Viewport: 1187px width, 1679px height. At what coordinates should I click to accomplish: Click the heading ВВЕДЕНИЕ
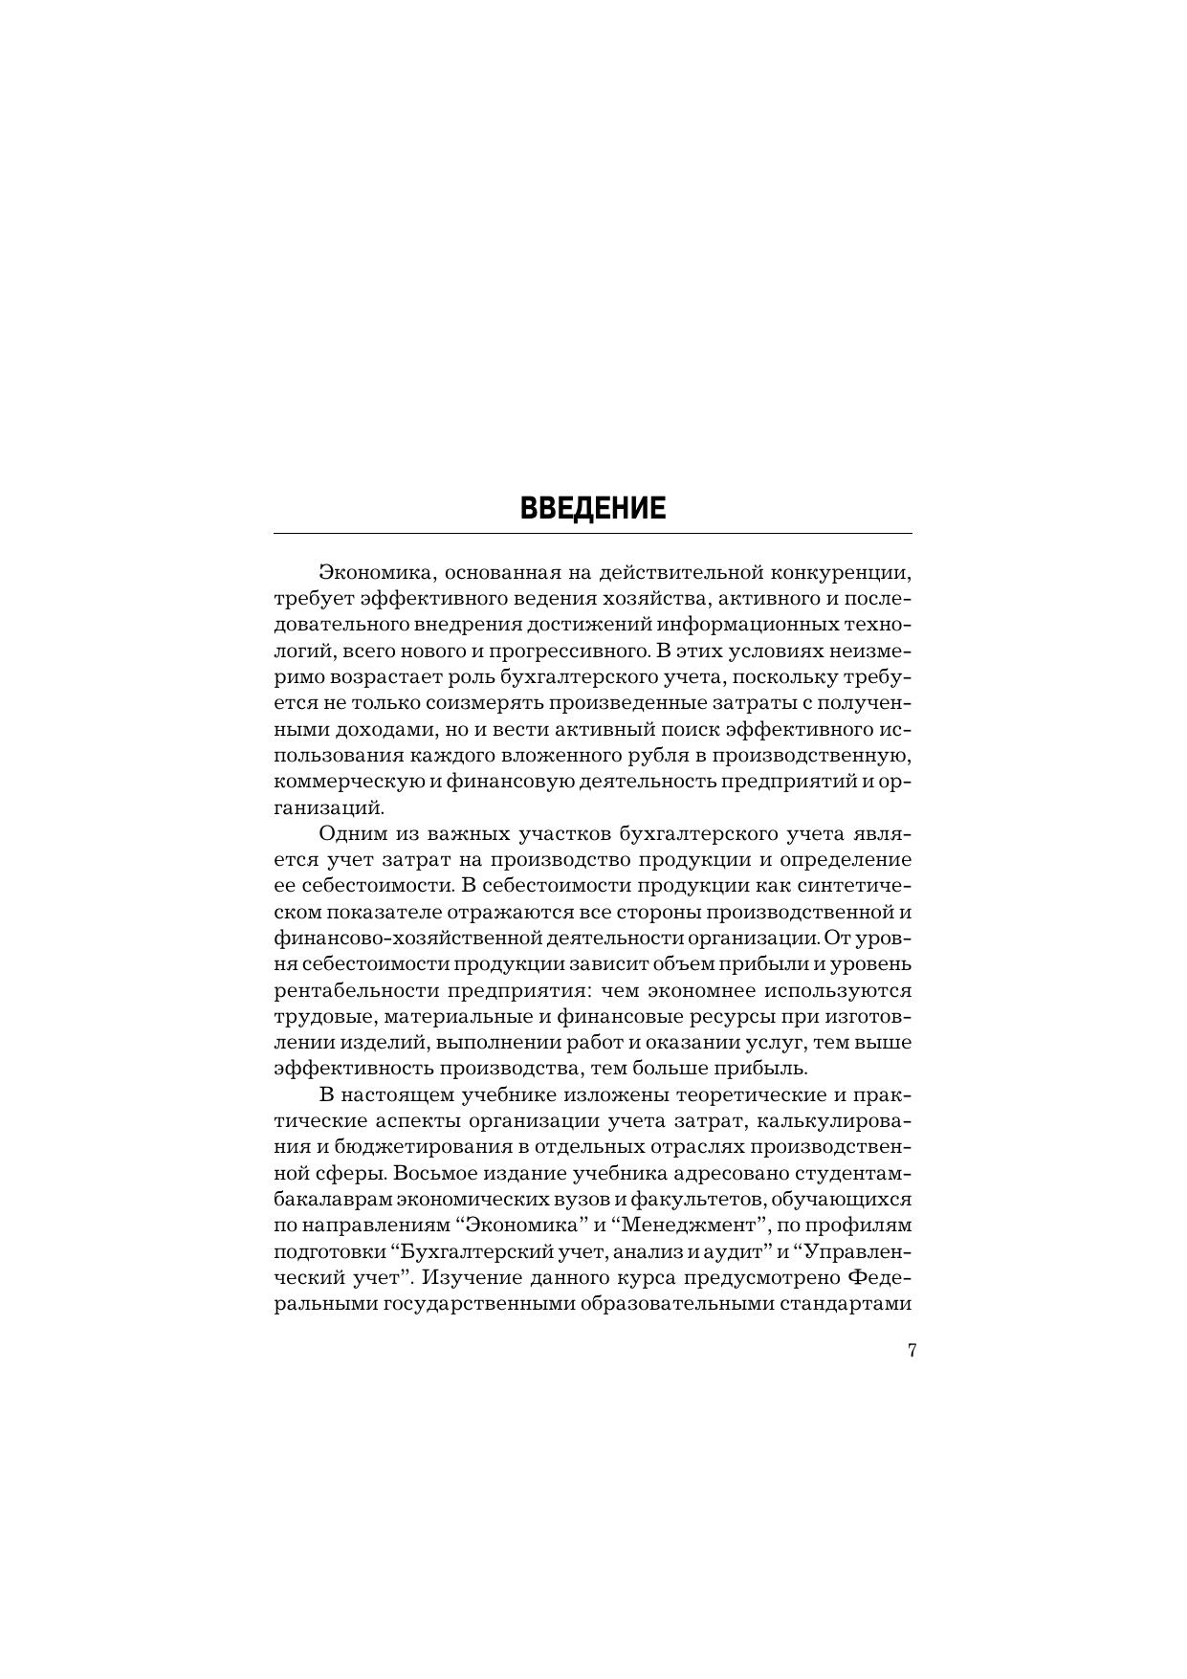tap(593, 507)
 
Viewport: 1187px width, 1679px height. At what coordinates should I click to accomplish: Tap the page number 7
tap(912, 1351)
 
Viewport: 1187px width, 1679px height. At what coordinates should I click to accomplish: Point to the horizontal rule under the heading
tap(593, 533)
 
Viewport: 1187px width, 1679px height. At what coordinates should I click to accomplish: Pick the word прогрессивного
tap(555, 652)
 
